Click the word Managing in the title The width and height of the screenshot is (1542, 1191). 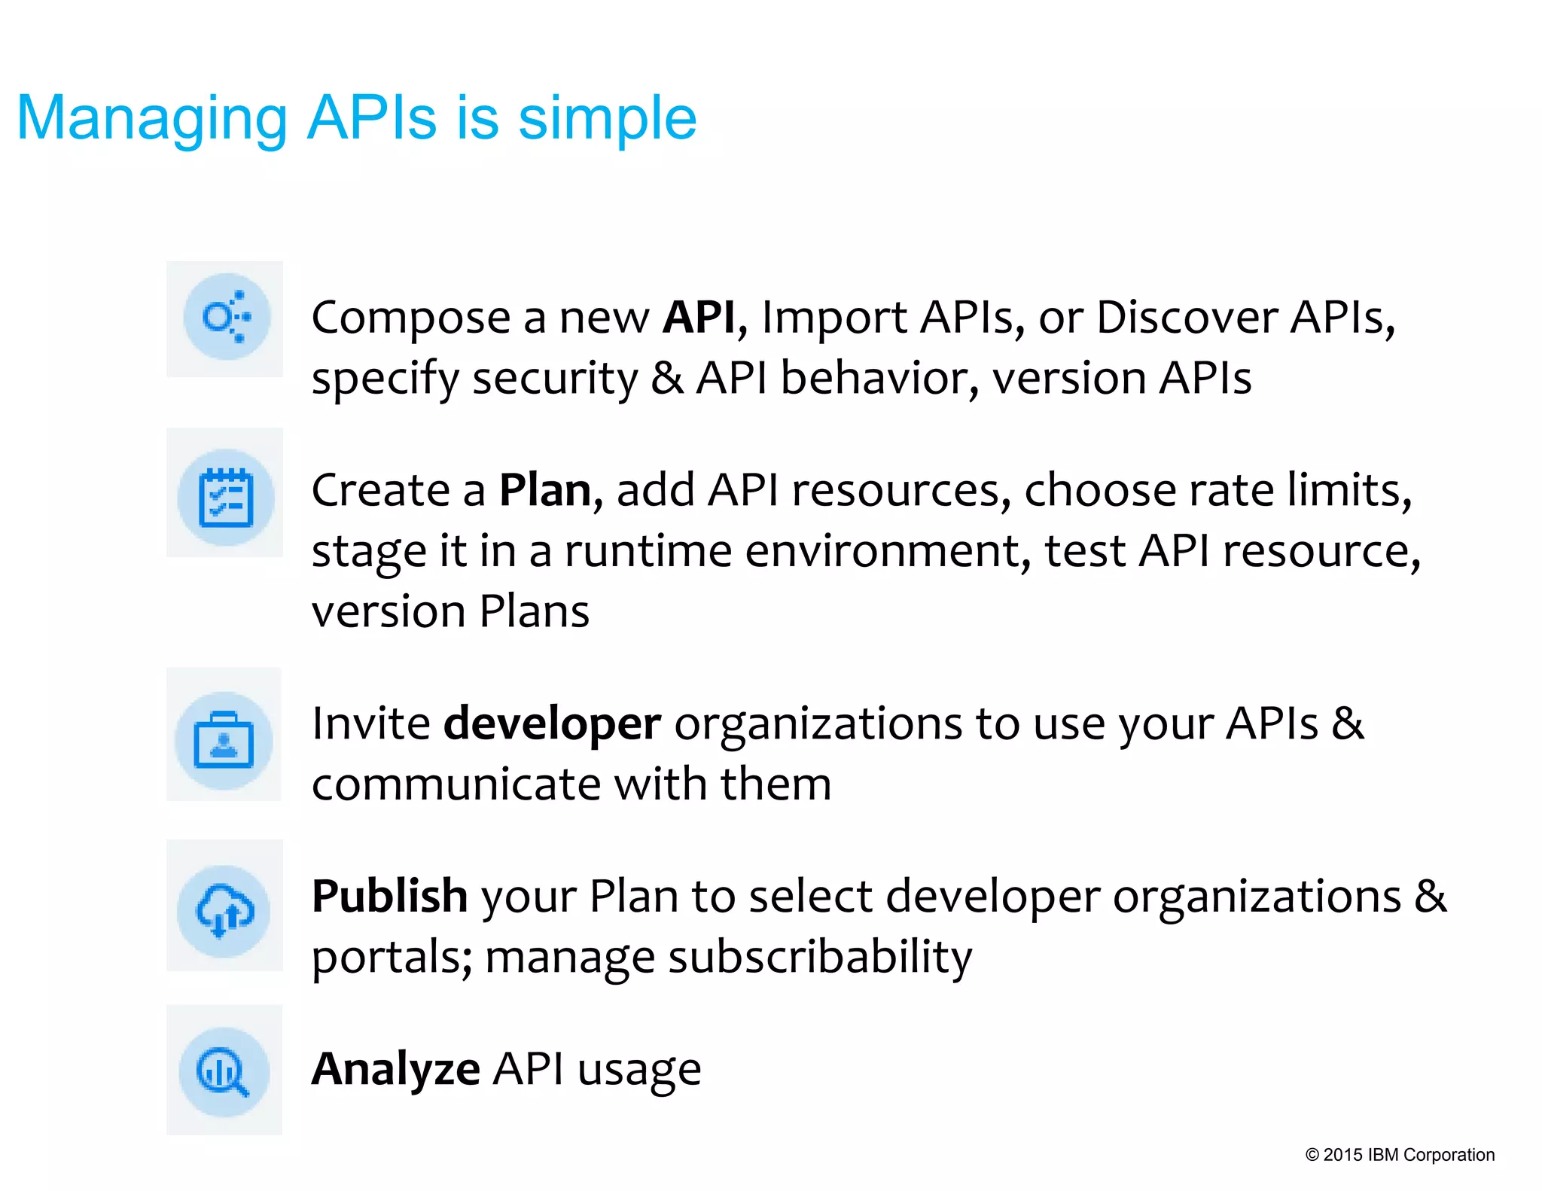pos(151,119)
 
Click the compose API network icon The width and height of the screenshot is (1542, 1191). pos(226,317)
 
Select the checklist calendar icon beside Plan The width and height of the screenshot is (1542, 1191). pos(225,498)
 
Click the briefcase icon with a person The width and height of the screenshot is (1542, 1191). pos(224,740)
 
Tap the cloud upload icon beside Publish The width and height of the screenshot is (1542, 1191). pos(224,911)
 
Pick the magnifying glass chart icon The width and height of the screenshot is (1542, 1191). pos(224,1071)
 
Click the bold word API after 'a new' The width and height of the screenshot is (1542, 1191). pos(698,317)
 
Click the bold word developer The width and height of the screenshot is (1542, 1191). pos(552,724)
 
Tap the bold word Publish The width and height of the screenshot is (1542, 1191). pos(389,897)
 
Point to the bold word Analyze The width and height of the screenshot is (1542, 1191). pos(395,1069)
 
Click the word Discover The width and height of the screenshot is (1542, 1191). pos(1186,317)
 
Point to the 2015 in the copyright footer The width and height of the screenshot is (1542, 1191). pos(1342,1155)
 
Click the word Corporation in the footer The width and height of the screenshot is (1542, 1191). pos(1449,1155)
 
